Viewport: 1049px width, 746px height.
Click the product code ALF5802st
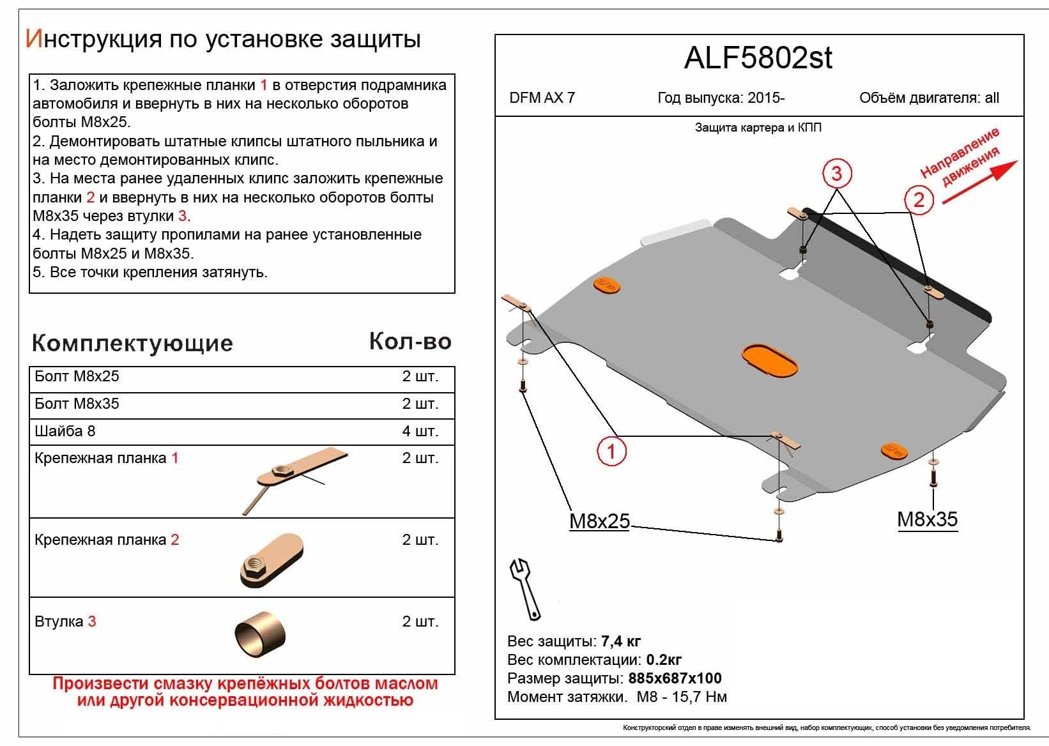point(758,58)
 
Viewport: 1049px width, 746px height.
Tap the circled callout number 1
point(611,452)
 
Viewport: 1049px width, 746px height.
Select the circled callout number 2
point(919,200)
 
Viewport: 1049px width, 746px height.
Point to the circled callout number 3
point(836,172)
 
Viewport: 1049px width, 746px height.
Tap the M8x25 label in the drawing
point(599,522)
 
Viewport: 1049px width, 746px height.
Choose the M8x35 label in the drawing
point(927,519)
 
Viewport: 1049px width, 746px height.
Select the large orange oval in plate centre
point(770,360)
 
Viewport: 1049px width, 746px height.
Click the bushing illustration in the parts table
point(259,635)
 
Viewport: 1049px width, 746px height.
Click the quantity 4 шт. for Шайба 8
point(420,431)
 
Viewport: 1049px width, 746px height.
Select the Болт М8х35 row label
point(77,404)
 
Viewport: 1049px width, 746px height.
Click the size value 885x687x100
point(675,678)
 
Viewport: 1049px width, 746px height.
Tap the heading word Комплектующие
point(132,343)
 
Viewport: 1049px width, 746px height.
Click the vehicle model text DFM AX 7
point(542,98)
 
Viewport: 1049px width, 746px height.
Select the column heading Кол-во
point(410,342)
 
